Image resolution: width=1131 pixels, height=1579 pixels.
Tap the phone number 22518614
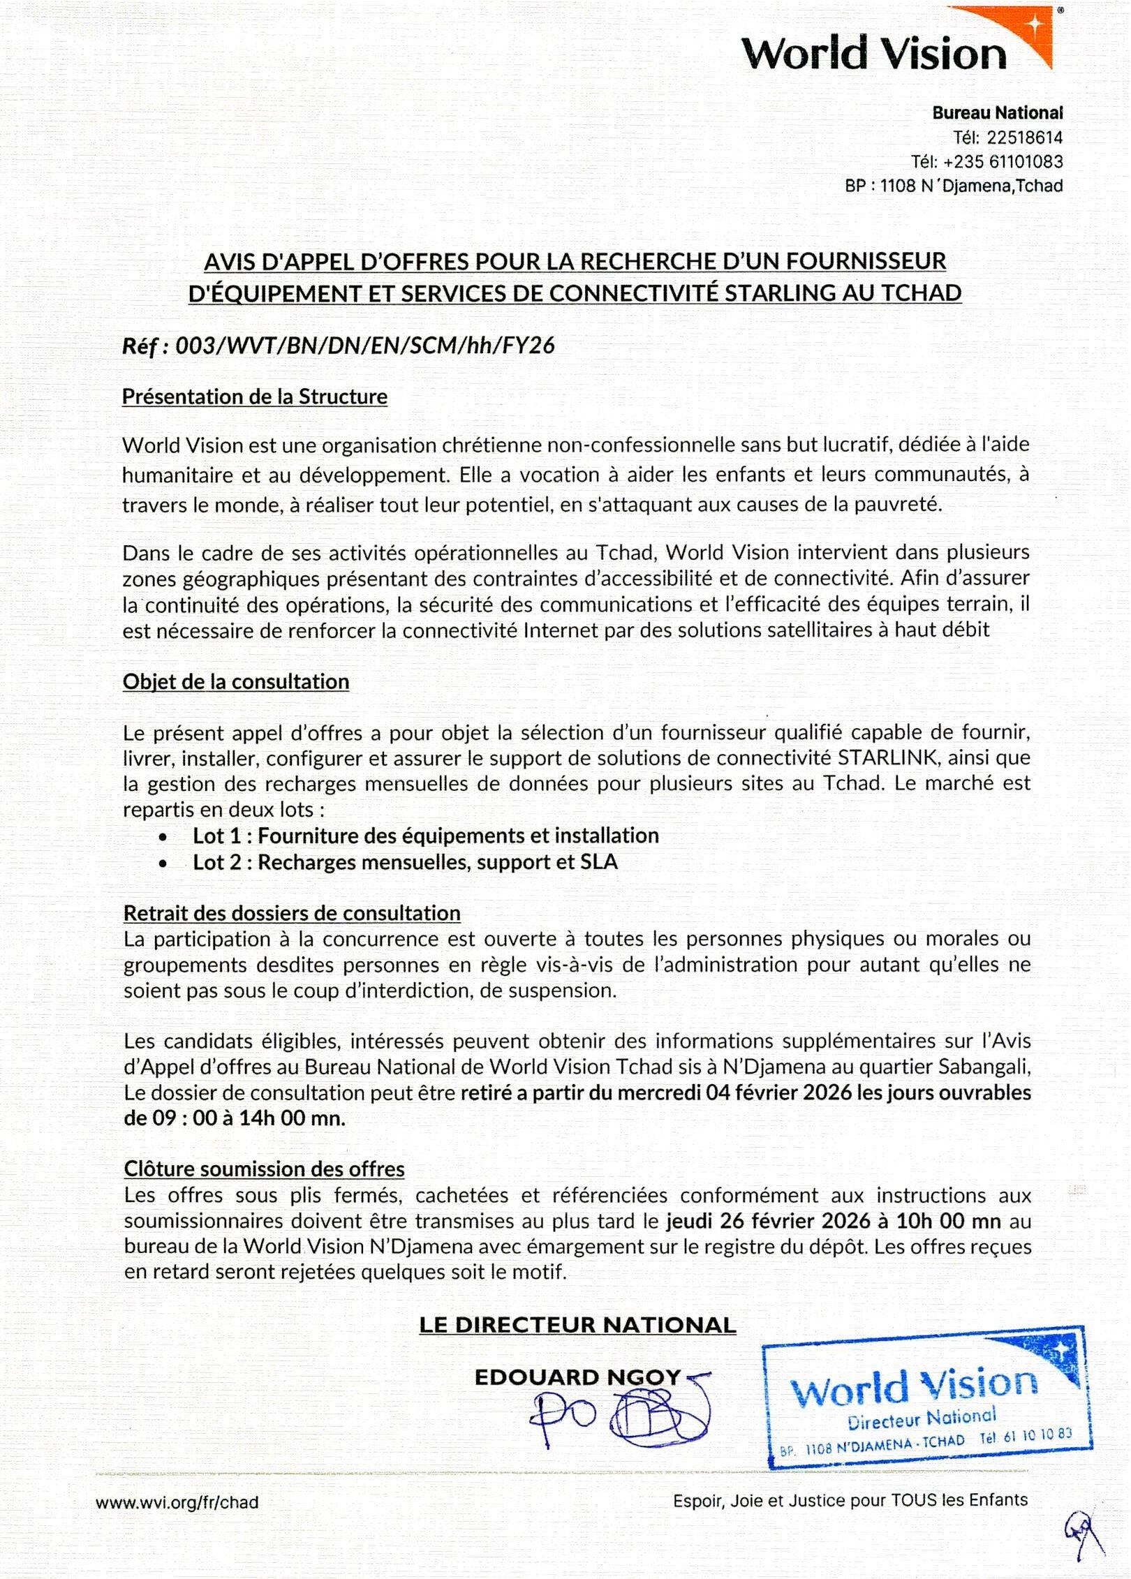[1024, 138]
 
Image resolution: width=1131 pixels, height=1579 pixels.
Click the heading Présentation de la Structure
[254, 396]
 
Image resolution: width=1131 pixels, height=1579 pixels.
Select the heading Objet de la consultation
[236, 681]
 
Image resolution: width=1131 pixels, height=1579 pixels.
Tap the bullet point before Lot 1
[163, 837]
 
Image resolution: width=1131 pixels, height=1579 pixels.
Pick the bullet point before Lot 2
[163, 863]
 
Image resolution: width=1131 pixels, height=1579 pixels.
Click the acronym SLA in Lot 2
[599, 862]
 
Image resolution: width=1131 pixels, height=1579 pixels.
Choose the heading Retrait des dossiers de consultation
[292, 913]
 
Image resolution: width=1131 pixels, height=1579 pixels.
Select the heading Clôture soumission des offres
[264, 1169]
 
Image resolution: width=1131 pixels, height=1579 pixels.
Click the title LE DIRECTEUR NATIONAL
[577, 1325]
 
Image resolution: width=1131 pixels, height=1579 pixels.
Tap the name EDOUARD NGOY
[577, 1377]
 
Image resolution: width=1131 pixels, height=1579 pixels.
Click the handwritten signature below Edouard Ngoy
[621, 1416]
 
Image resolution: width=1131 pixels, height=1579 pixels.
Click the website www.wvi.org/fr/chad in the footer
[177, 1502]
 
